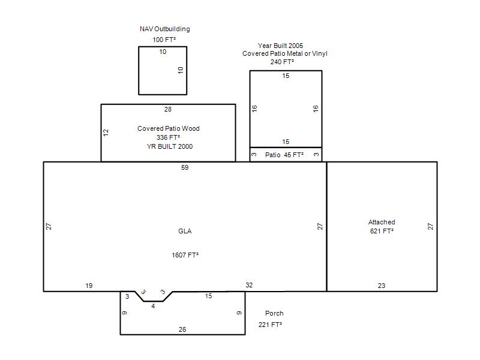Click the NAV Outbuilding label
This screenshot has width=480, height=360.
[x=164, y=29]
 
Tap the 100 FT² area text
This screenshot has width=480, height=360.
[x=164, y=40]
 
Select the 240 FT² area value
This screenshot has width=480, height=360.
[x=282, y=62]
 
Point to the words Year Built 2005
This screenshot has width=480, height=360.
[x=280, y=46]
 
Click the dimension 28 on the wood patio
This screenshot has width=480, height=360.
[x=168, y=109]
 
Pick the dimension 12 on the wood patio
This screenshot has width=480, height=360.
[x=106, y=133]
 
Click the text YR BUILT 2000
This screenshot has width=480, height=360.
[x=170, y=146]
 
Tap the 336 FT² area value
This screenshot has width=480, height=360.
[x=168, y=137]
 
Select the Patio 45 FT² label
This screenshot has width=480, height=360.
[x=284, y=155]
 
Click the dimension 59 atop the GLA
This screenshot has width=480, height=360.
[x=185, y=167]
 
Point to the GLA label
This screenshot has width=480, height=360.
[x=185, y=231]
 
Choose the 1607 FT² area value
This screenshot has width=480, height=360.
[x=185, y=255]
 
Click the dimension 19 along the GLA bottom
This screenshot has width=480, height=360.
[x=89, y=286]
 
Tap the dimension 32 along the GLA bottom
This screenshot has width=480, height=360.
[x=249, y=285]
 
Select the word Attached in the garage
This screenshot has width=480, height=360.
[x=382, y=222]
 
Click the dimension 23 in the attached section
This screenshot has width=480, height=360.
[x=382, y=286]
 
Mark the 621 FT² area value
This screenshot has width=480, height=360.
[x=382, y=231]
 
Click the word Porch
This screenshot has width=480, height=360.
[x=274, y=313]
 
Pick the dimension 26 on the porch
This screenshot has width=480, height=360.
[x=182, y=329]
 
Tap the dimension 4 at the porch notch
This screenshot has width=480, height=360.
[x=153, y=306]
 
